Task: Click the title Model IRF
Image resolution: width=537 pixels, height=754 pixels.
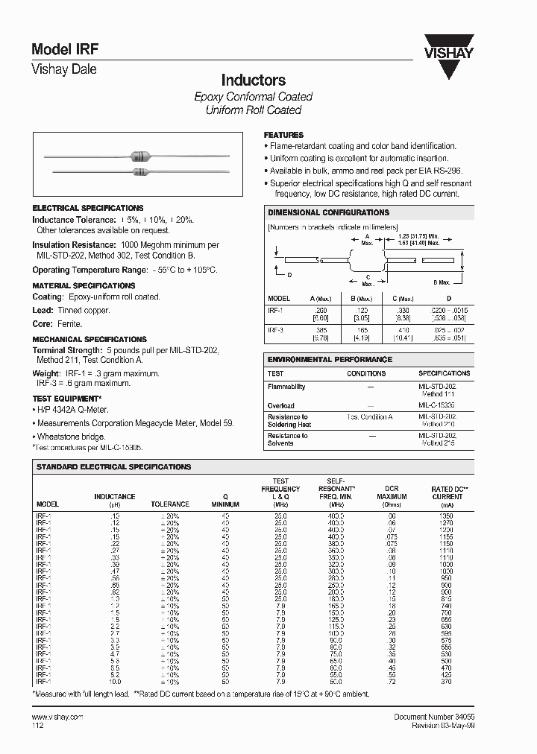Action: [x=65, y=49]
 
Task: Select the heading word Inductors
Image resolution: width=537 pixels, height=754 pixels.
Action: [x=254, y=80]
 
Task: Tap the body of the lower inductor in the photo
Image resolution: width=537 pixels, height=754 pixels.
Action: [x=140, y=173]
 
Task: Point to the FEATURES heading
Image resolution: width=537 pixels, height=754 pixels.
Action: [x=284, y=135]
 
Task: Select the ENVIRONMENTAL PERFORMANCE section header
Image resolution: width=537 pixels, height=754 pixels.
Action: [x=330, y=359]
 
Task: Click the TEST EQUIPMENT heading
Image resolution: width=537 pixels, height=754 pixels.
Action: [x=66, y=399]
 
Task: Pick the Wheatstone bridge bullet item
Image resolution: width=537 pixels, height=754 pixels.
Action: [x=71, y=437]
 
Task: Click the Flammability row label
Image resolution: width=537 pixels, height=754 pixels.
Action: [x=286, y=387]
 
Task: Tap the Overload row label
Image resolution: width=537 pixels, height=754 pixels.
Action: [x=280, y=406]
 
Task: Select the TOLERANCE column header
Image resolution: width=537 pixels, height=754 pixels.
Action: [x=170, y=504]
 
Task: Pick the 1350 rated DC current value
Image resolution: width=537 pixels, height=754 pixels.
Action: [x=447, y=515]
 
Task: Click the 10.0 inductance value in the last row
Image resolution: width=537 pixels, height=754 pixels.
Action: [x=115, y=682]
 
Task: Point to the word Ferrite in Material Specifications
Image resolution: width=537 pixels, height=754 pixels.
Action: [x=69, y=324]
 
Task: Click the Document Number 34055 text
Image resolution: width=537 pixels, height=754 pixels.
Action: [x=433, y=716]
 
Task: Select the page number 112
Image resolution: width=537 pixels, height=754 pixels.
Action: [x=38, y=725]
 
